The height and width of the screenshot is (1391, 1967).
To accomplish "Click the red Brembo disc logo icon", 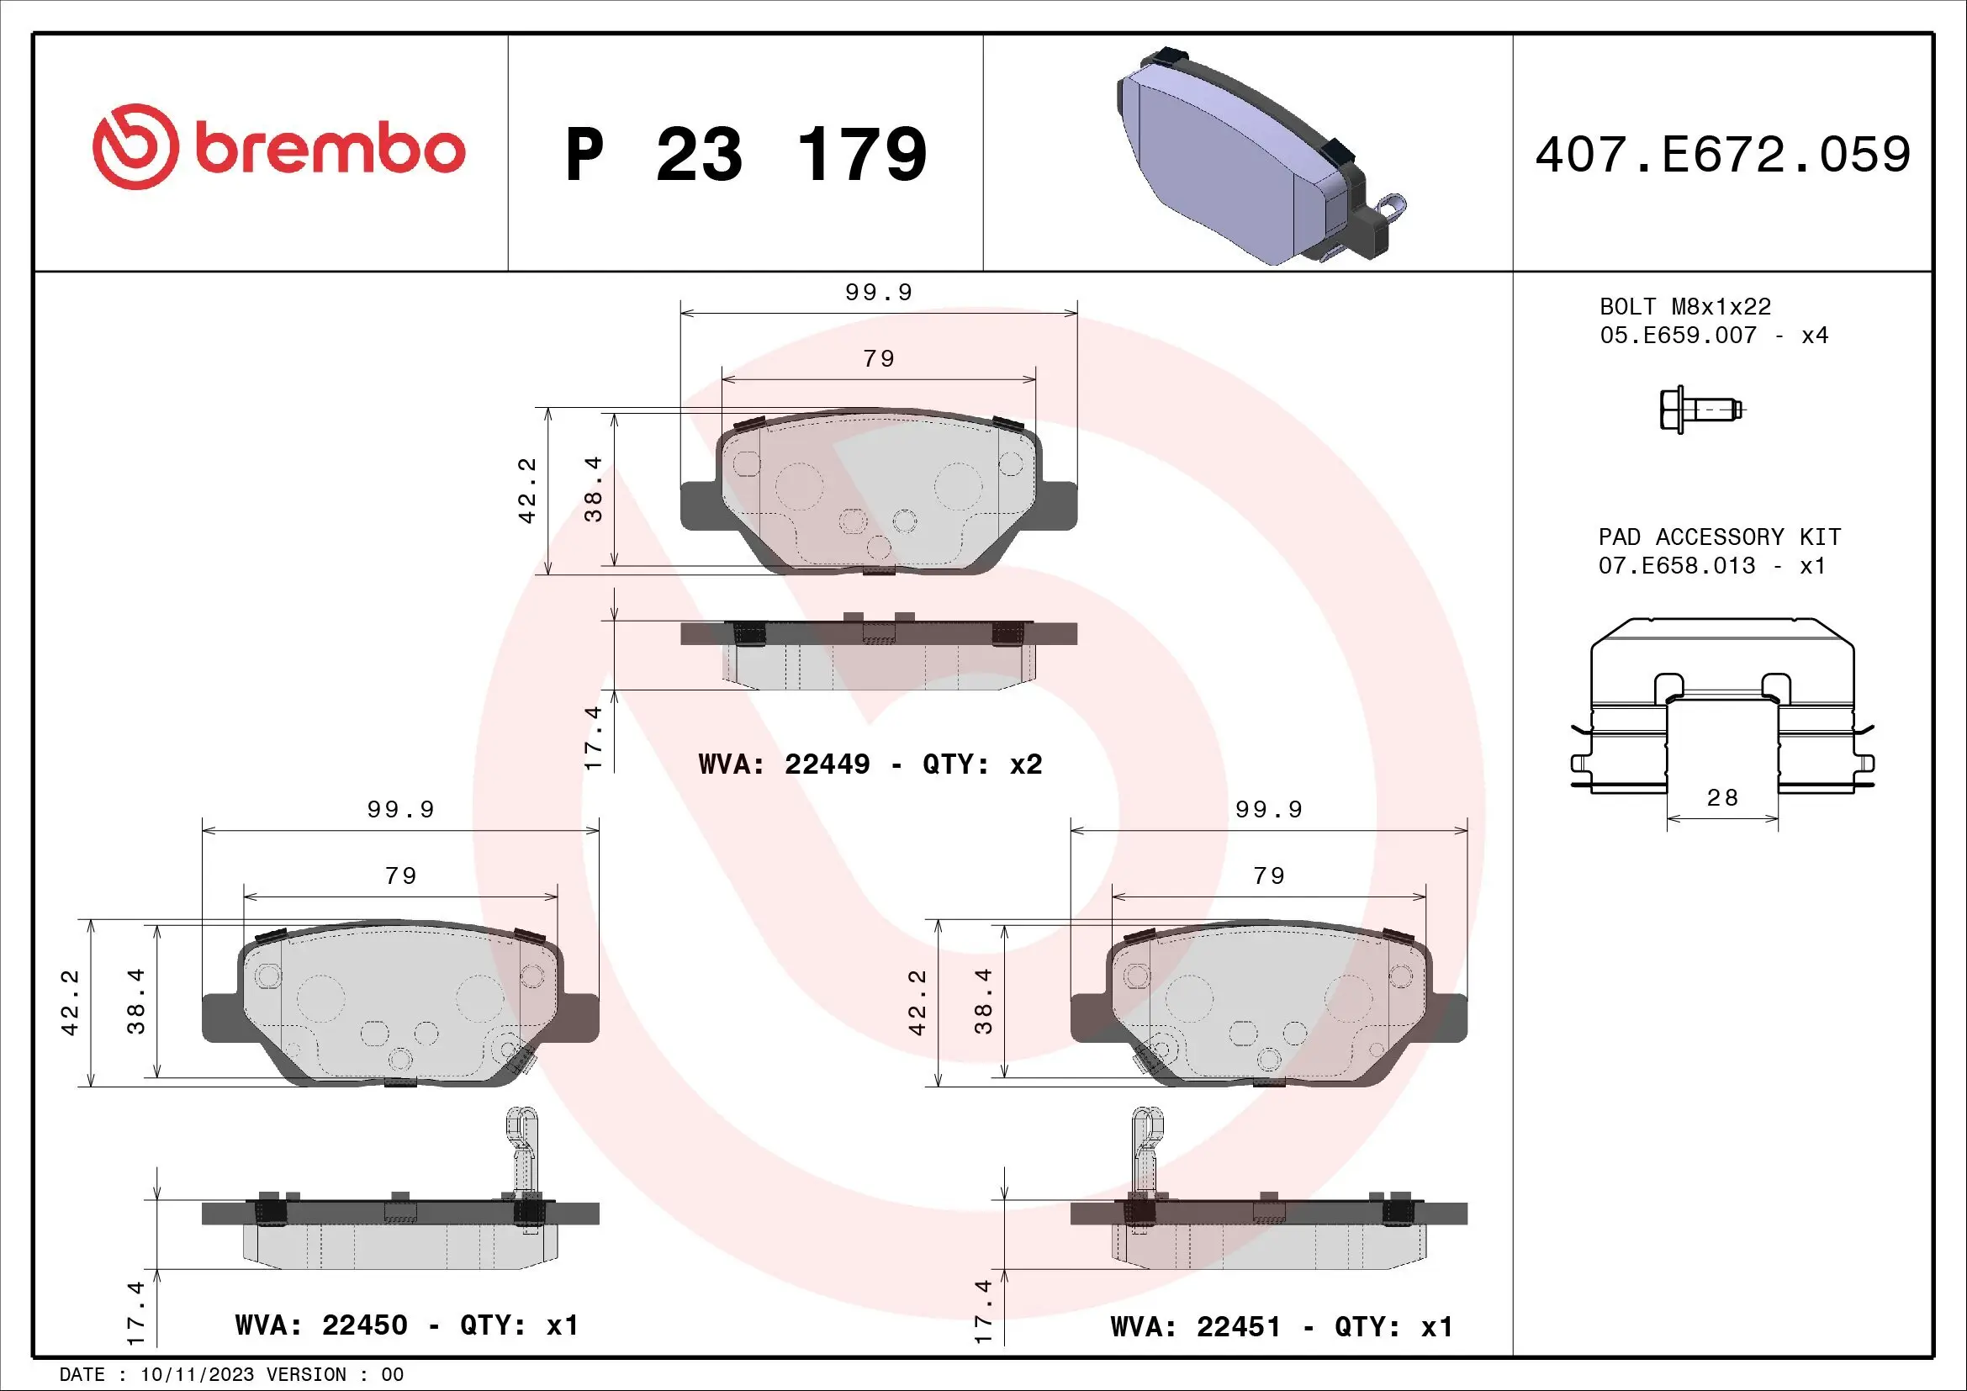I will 135,146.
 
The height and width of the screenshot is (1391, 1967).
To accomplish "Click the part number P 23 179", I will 745,155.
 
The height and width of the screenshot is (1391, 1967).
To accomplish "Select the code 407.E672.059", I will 1722,155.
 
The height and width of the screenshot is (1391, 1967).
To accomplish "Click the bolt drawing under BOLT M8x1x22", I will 1700,410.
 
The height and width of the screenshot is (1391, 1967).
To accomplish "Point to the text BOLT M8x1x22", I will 1684,307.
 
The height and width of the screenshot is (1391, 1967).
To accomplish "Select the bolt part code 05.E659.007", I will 1678,336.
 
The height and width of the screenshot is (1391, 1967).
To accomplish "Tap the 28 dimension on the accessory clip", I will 1722,798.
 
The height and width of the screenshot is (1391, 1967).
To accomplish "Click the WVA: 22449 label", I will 784,764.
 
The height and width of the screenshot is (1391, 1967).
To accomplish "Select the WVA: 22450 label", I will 321,1325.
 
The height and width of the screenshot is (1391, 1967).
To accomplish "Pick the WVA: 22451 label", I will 1195,1327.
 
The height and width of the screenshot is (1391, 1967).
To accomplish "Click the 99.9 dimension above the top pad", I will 878,293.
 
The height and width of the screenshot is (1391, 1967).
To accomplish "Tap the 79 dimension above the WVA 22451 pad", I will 1269,875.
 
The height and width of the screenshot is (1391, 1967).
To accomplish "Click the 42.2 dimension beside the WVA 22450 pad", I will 71,1002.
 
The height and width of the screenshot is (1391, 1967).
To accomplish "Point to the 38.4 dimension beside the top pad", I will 593,489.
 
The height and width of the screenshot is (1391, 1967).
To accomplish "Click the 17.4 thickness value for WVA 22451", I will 984,1310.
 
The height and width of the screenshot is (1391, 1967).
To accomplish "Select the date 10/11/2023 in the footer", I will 197,1375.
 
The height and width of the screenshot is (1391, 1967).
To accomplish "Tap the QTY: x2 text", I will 981,764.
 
